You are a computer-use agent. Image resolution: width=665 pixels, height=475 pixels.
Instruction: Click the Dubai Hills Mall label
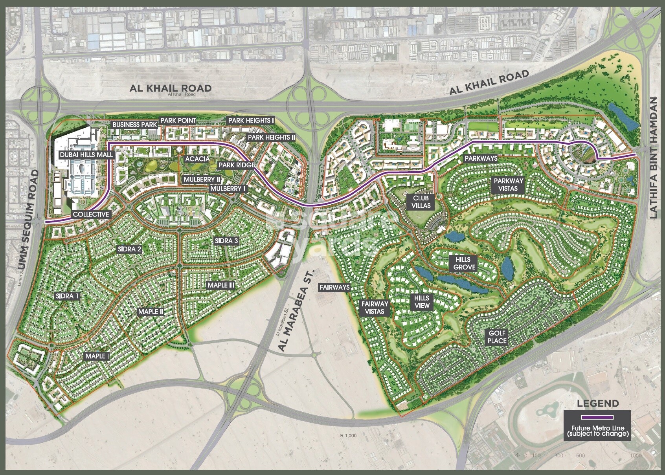click(86, 155)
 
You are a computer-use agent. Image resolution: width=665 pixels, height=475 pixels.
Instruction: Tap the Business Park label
click(135, 125)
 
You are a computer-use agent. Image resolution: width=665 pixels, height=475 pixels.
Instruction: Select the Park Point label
click(178, 120)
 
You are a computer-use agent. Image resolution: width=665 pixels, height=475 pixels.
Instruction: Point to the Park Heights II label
click(271, 138)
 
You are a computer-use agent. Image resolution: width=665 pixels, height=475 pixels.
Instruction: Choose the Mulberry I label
click(228, 189)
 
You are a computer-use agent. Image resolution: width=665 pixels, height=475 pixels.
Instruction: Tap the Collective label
click(91, 215)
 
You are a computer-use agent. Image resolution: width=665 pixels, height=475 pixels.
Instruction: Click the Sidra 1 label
click(67, 296)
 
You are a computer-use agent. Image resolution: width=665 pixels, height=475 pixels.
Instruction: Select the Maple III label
click(221, 285)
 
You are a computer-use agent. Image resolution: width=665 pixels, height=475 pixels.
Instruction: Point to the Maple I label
click(97, 356)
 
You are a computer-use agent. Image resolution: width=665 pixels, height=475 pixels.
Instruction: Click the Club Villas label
click(421, 202)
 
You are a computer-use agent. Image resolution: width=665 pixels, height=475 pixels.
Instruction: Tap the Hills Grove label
click(464, 264)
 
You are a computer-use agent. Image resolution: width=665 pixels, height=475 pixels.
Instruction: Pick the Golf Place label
click(497, 337)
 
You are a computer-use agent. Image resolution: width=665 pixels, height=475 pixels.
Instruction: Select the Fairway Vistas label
click(375, 307)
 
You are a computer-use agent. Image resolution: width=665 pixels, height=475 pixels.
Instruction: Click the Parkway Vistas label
click(509, 185)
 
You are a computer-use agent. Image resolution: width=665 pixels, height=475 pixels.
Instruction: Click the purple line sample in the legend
click(597, 416)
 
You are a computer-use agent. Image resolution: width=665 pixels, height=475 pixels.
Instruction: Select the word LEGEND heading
click(597, 403)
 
